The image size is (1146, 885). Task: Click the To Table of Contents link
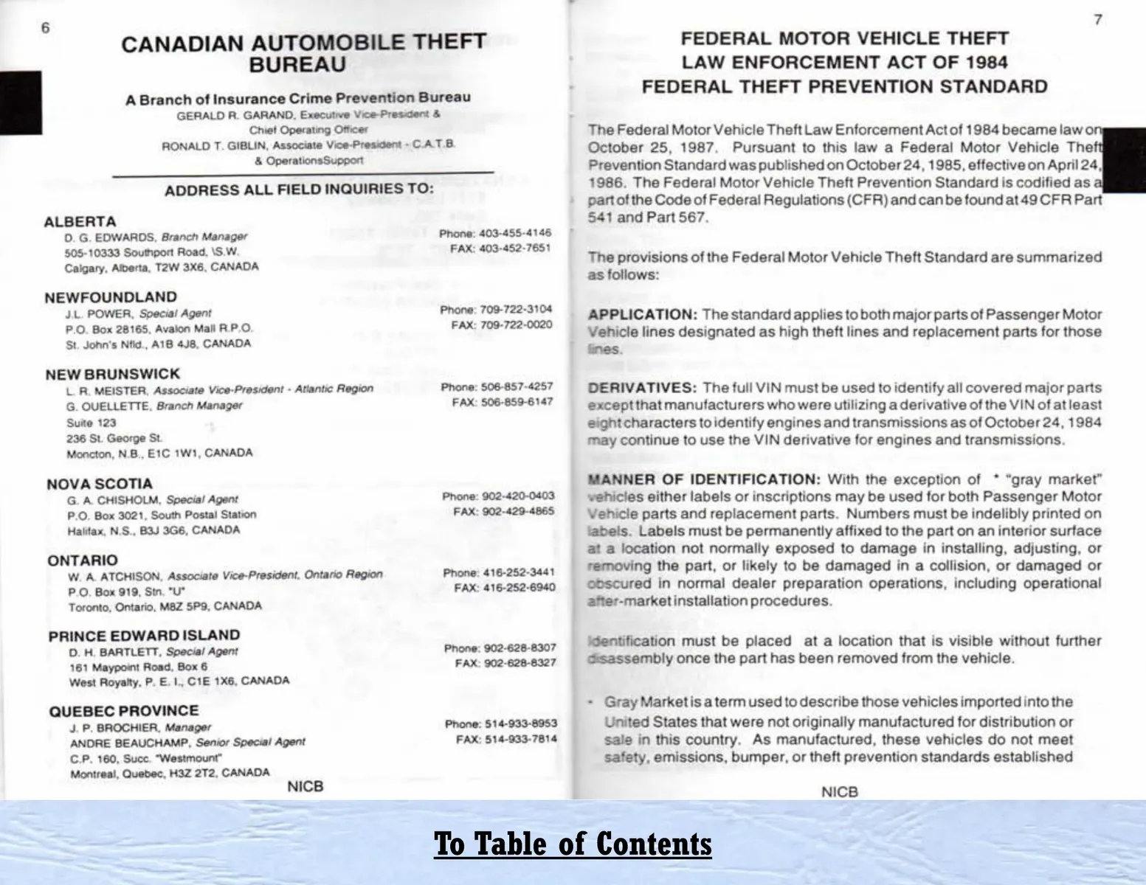(573, 843)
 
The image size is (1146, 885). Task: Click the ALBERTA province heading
(80, 222)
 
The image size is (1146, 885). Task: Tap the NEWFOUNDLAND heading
(111, 297)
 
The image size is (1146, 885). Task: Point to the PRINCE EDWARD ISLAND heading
(144, 636)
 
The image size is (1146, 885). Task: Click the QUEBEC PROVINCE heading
(123, 711)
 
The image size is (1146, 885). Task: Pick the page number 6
(45, 28)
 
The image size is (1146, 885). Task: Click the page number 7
(1097, 20)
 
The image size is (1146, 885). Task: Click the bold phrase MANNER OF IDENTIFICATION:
(703, 479)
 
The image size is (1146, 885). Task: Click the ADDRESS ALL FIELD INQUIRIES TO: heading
(299, 190)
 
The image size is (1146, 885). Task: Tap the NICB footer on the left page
(305, 786)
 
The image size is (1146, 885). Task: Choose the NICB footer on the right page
(839, 792)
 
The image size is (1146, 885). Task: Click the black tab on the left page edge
(20, 103)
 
